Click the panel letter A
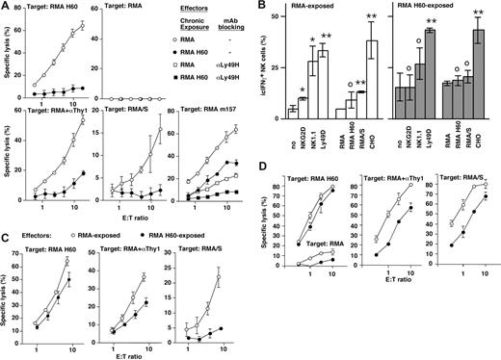pyautogui.click(x=7, y=7)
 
